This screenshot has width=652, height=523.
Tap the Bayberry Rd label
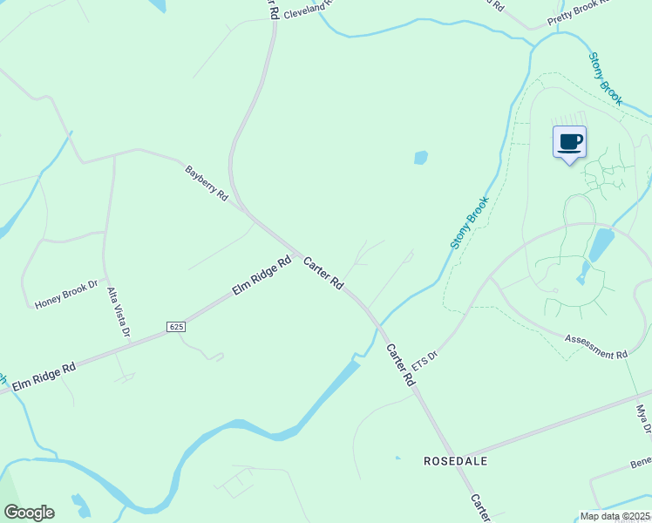tap(206, 183)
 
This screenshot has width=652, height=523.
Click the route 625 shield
tap(176, 326)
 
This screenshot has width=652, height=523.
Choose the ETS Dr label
tap(424, 359)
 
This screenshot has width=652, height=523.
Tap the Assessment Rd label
tap(596, 346)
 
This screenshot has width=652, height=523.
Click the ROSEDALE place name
tap(455, 459)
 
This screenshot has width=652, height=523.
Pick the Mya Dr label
tap(643, 419)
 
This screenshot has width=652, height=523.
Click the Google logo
tap(29, 513)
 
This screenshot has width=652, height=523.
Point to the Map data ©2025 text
tap(614, 516)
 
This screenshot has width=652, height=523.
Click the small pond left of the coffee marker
tap(421, 158)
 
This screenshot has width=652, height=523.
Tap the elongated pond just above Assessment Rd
tap(601, 245)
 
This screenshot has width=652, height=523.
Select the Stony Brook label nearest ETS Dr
tap(471, 223)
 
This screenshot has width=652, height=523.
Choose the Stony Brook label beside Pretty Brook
tap(605, 78)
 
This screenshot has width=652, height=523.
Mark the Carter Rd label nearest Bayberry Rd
tap(323, 273)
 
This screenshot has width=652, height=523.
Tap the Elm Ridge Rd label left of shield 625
tap(44, 374)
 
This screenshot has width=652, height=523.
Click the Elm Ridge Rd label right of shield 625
tap(261, 276)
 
